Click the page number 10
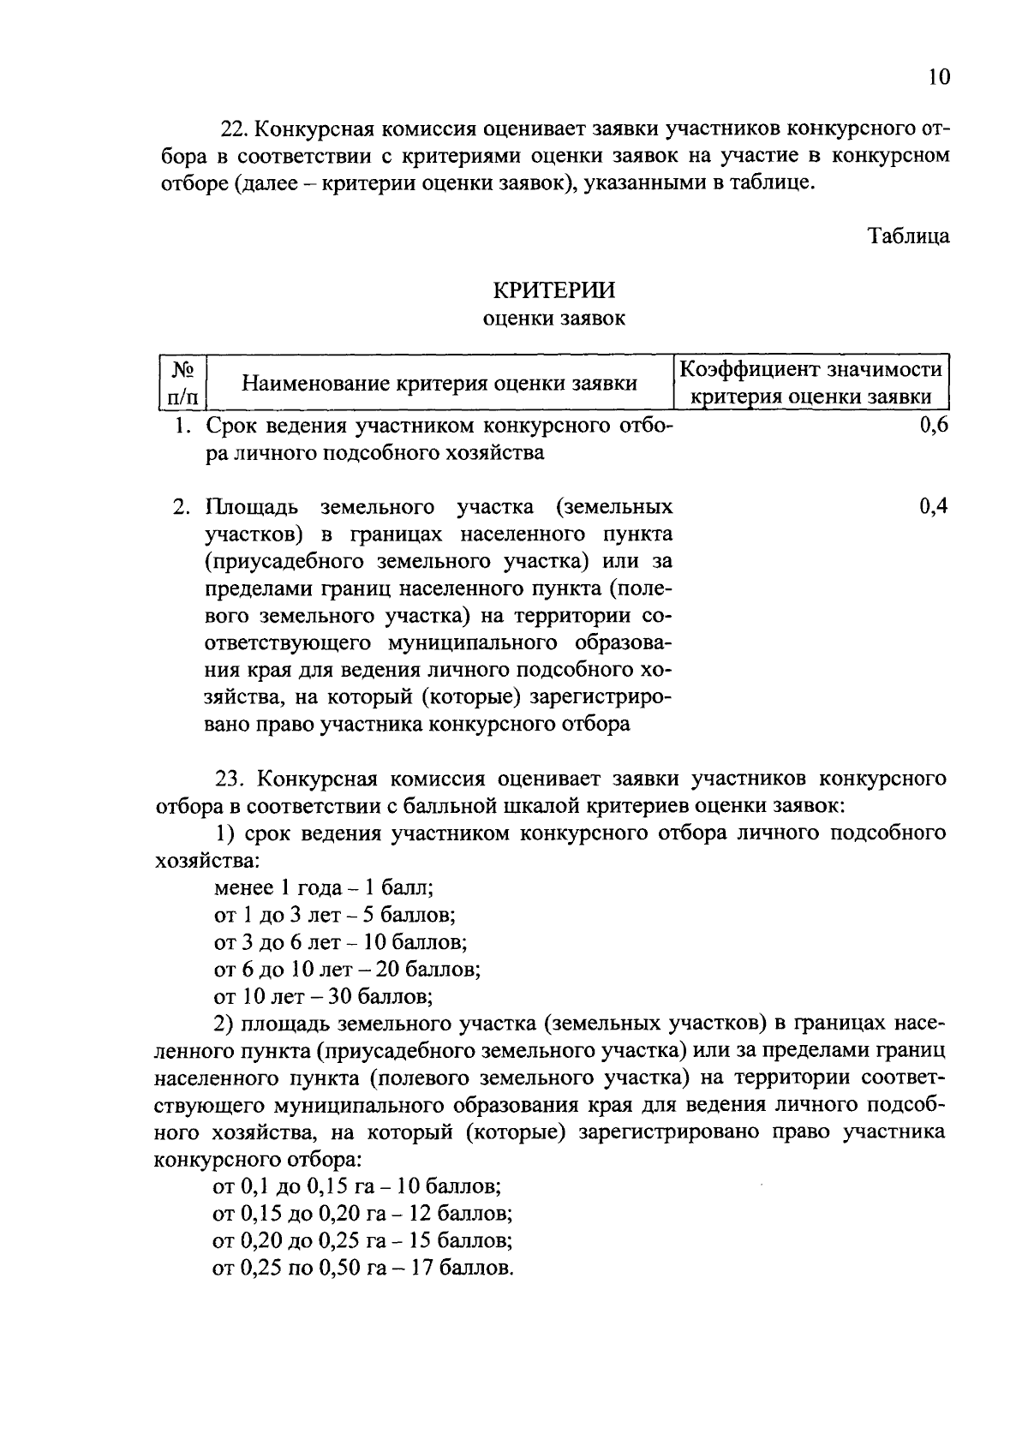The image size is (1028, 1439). point(938,77)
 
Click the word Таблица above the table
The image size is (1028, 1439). point(909,236)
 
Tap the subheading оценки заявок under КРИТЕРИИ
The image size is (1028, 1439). point(554,319)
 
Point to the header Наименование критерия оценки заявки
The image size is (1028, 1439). point(439,383)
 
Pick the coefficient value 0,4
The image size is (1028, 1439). point(934,506)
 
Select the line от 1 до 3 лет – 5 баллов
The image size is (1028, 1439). point(334,915)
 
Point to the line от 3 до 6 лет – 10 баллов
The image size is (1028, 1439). point(340,942)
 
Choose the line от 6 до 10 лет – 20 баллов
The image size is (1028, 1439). point(347,970)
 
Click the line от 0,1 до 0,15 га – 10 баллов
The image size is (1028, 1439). point(356,1187)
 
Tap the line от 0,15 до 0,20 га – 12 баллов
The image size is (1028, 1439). point(362,1214)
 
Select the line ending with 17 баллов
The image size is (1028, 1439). point(363,1268)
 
